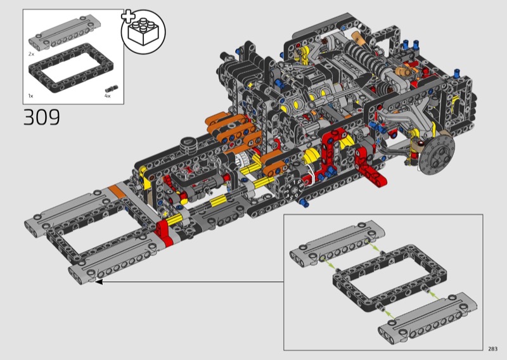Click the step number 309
coord(41,117)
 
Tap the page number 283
coord(493,349)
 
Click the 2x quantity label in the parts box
coord(31,54)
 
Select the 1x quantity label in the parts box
coord(30,96)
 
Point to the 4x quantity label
coord(108,96)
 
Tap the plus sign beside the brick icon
coord(128,16)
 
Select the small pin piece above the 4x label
coord(112,89)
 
